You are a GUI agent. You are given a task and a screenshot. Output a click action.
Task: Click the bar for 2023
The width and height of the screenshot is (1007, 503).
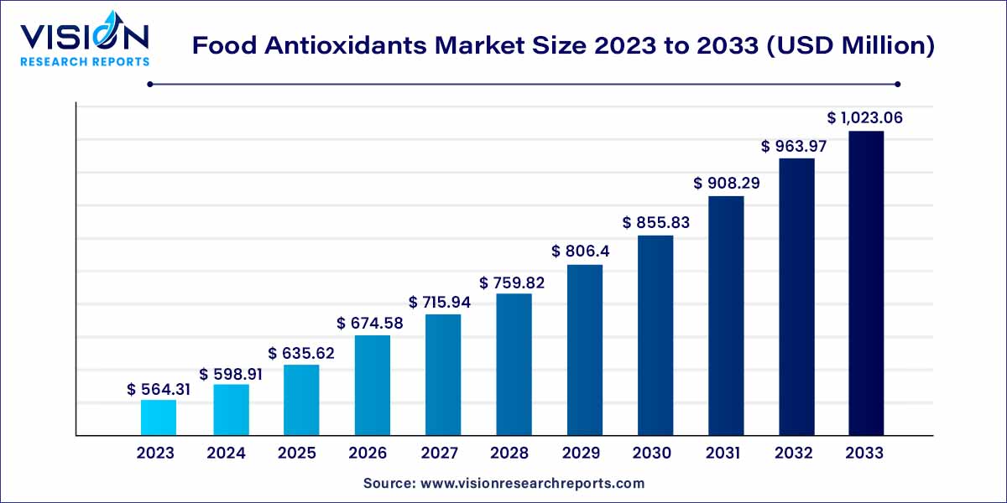point(158,417)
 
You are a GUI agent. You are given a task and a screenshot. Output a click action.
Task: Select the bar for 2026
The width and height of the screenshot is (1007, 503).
point(372,385)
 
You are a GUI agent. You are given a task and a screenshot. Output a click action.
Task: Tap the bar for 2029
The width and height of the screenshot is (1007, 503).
point(585,350)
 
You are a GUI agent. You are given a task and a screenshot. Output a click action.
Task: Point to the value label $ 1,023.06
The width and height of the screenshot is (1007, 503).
point(865,118)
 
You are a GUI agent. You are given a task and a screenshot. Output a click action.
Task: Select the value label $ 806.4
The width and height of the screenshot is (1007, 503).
point(585,251)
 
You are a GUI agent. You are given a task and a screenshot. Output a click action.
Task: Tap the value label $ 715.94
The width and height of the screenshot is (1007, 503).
point(440,301)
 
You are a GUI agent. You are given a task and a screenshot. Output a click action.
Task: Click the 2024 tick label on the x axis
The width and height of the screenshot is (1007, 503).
point(226,454)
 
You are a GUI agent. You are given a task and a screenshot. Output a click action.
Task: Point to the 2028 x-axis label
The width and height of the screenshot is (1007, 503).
point(510,454)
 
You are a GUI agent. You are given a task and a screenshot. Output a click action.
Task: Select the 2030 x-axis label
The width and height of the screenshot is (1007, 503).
point(652,454)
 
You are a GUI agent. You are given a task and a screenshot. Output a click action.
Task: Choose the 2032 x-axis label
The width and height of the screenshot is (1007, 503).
point(794,454)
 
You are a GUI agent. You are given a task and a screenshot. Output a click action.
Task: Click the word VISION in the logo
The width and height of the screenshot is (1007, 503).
point(84,38)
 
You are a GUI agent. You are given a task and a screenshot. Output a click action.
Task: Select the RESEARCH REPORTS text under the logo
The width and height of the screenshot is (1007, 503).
point(84,61)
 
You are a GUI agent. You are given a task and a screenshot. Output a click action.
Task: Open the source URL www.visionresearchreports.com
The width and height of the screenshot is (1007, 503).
point(532,484)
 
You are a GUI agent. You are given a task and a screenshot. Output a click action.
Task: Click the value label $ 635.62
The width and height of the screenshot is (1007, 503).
point(301,354)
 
